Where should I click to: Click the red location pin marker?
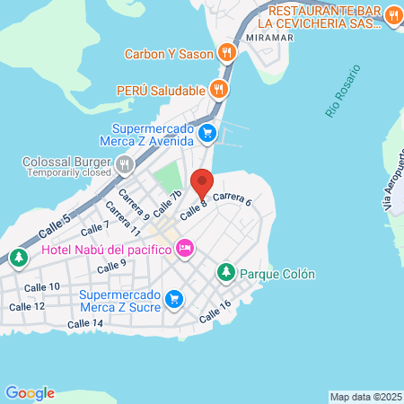click(202, 183)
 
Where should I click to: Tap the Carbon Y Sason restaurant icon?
click(228, 53)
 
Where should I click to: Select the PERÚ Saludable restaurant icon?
click(217, 89)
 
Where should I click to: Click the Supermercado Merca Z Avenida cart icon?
click(207, 134)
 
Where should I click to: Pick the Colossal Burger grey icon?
click(124, 165)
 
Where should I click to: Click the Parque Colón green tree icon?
click(226, 272)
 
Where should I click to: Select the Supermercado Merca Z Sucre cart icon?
click(175, 300)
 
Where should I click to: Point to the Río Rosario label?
click(342, 90)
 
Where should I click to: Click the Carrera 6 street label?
click(233, 198)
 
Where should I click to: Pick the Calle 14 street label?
click(85, 323)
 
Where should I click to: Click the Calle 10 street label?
click(42, 286)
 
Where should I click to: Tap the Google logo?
click(30, 392)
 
